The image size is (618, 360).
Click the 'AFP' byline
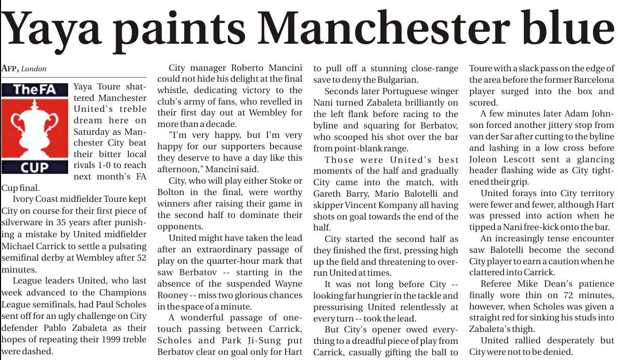tap(10, 69)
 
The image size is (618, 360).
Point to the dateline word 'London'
tap(34, 69)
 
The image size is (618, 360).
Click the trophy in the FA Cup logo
tap(34, 127)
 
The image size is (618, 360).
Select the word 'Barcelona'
tap(589, 80)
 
